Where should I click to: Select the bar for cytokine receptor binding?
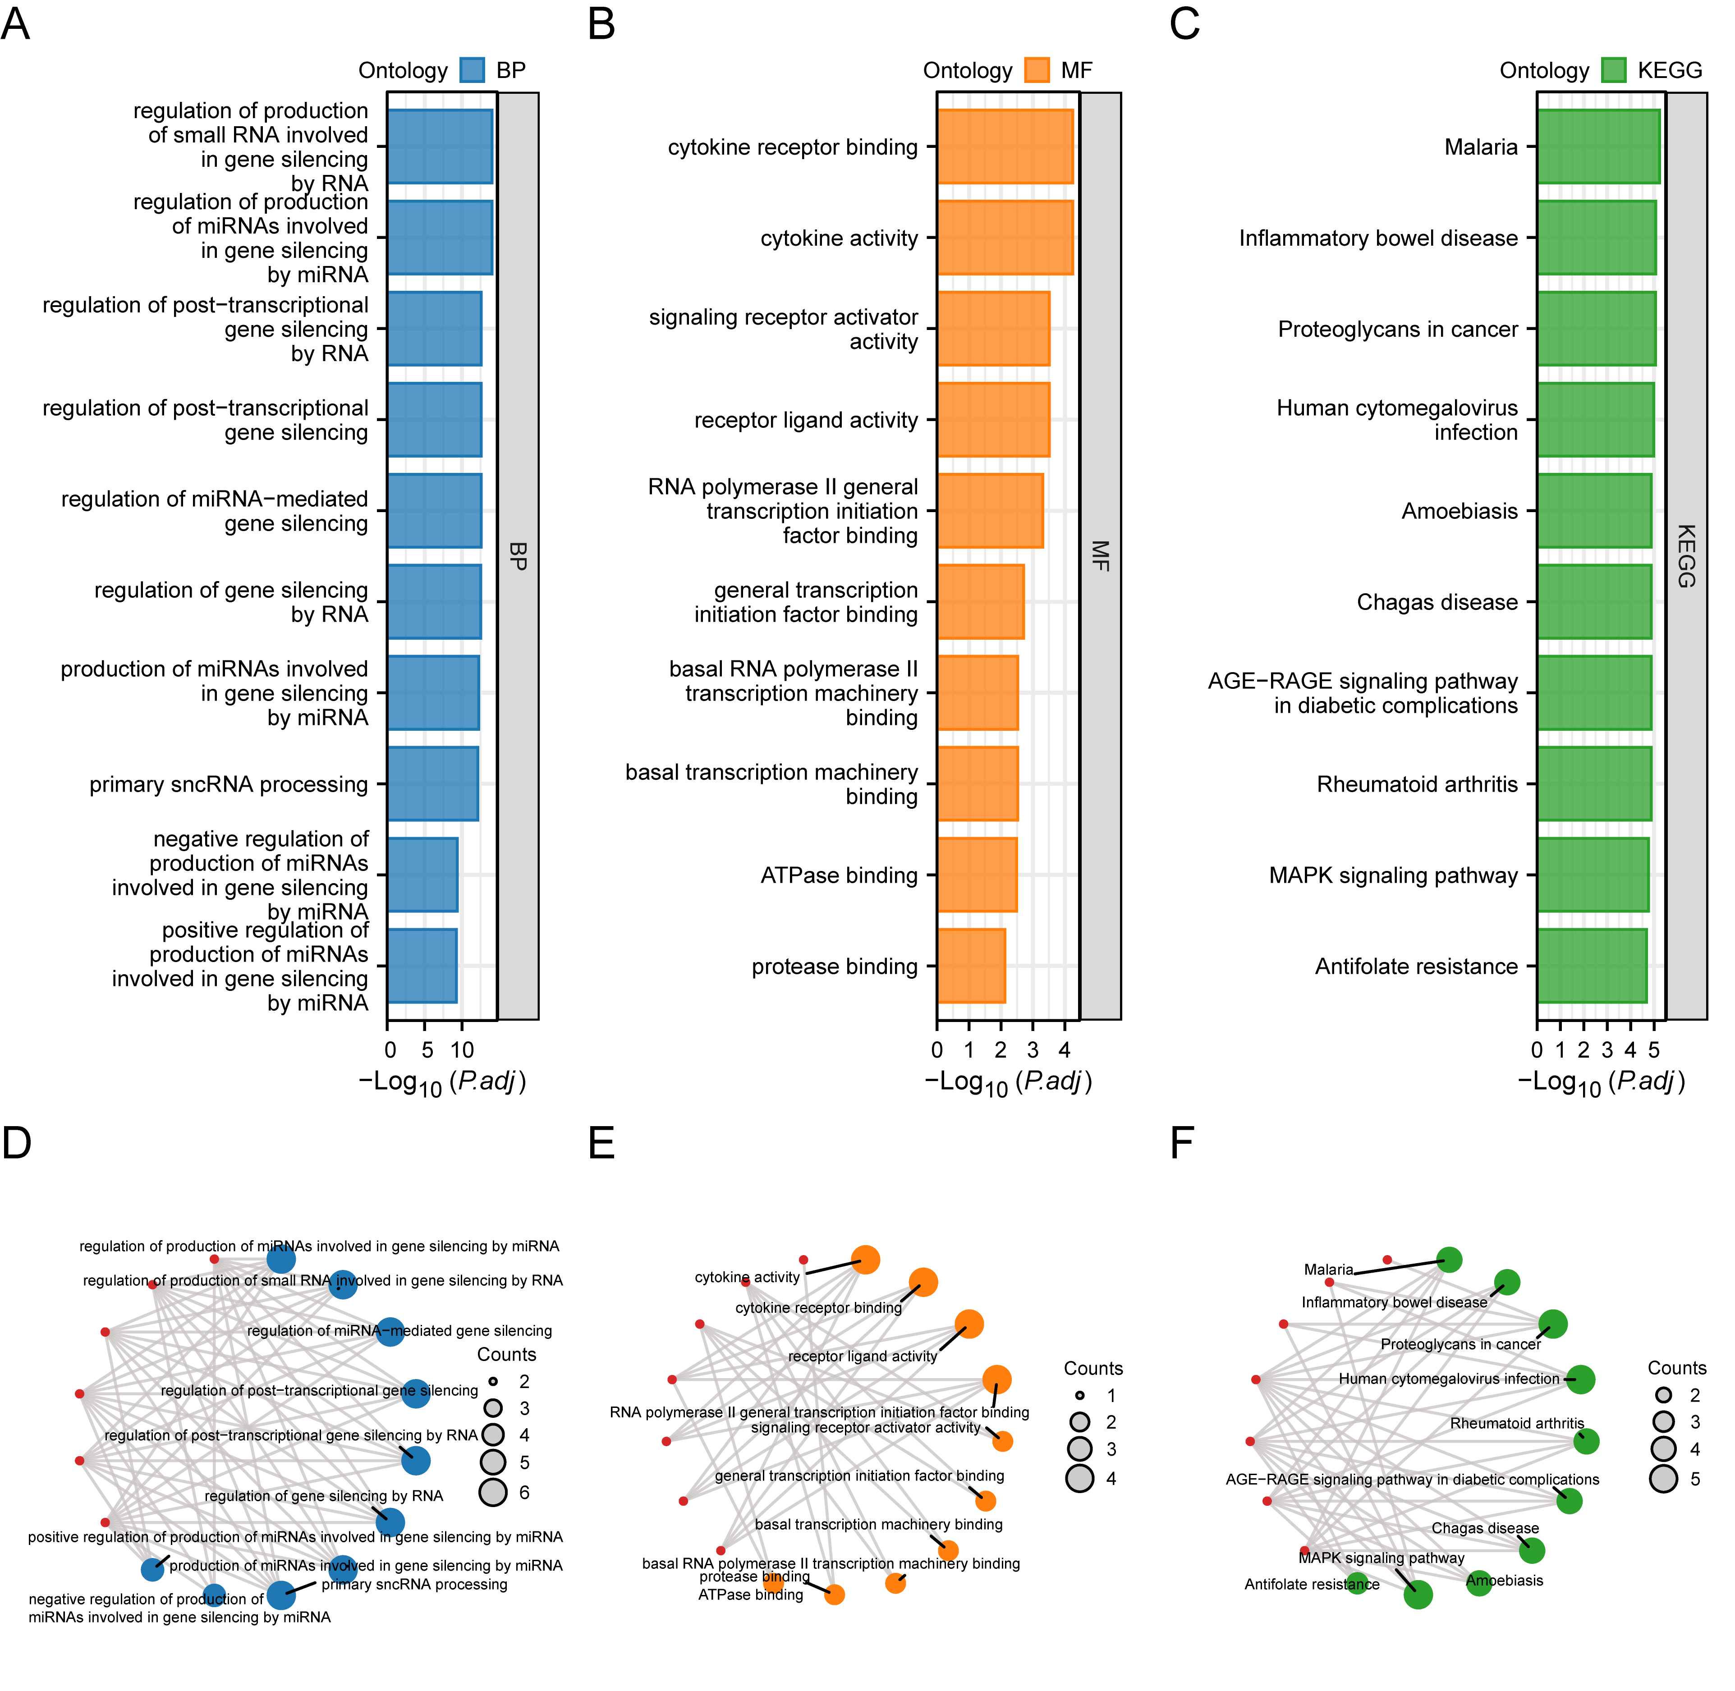[1005, 147]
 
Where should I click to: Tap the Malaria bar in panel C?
[1598, 147]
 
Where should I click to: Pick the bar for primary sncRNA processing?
[433, 784]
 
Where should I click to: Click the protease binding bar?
[971, 965]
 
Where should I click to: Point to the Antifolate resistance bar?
[1592, 965]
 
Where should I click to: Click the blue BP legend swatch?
[472, 70]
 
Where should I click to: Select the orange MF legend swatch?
[1037, 70]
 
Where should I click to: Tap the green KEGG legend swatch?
[1613, 70]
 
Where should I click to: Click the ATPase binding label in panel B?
[839, 875]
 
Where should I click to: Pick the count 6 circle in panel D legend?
[493, 1492]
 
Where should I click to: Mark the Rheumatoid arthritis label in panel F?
[1516, 1423]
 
